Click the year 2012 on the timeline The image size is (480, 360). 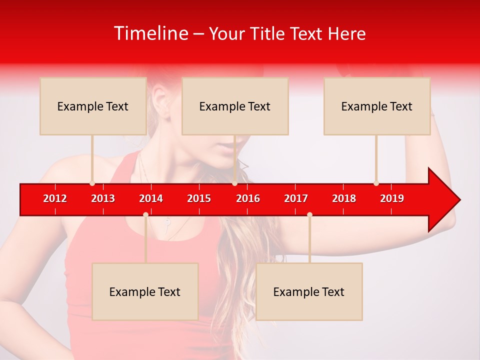pos(55,198)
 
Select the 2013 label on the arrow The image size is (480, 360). pos(103,198)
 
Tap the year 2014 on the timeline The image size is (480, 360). pos(151,198)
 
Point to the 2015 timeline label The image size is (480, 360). pos(199,198)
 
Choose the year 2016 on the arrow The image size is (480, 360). pos(248,198)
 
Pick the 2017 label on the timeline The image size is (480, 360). pos(296,198)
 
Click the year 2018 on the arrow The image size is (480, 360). pos(344,198)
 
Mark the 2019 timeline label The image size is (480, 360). pos(392,198)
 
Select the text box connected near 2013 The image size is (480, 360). pos(93,106)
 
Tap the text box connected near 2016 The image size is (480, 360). pos(235,106)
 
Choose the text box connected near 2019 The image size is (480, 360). pos(377,106)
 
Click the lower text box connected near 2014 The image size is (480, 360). pos(145,291)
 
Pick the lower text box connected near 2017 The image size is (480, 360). pos(309,291)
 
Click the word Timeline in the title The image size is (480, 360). pos(150,33)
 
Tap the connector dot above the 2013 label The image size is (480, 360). pos(92,183)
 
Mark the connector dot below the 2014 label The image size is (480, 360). pos(145,215)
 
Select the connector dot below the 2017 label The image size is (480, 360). pos(309,215)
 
